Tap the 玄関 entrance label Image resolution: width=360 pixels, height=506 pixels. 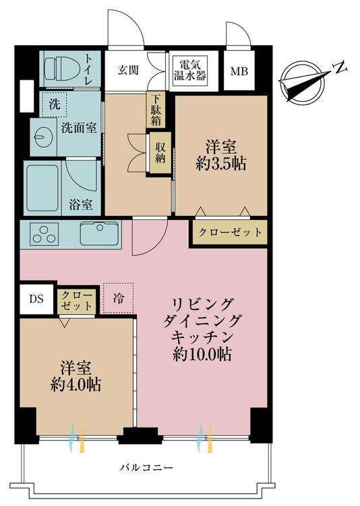128,69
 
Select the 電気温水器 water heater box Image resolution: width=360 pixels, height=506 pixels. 190,71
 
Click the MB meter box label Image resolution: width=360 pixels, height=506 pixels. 239,71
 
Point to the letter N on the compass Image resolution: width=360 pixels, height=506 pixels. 340,67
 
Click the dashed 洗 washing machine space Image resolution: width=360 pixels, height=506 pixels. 54,105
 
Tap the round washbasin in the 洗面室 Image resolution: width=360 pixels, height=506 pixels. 43,137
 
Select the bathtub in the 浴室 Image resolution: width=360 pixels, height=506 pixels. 42,188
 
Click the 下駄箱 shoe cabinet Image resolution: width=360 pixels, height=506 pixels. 156,109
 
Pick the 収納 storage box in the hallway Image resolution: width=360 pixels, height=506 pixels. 160,152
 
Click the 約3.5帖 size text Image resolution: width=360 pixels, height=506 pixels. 221,164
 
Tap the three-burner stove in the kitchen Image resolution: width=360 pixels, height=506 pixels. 44,233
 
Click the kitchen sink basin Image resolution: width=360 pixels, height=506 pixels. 99,233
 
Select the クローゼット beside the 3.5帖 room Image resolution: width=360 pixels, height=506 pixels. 230,231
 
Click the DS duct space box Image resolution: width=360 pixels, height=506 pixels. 36,299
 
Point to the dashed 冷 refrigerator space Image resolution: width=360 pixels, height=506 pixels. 119,298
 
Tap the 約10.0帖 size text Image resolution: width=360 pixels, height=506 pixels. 202,355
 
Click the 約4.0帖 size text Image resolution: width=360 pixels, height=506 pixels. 76,385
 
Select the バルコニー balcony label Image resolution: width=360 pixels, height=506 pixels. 146,468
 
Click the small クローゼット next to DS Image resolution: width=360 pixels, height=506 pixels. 77,301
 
